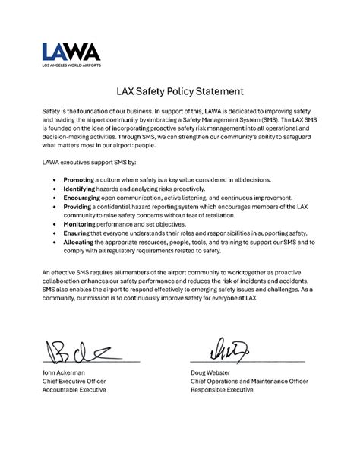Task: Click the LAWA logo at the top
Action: (71, 52)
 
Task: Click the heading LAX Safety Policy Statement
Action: (180, 91)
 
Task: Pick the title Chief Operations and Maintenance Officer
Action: (251, 381)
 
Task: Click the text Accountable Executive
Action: (74, 390)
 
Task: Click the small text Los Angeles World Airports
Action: (71, 65)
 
